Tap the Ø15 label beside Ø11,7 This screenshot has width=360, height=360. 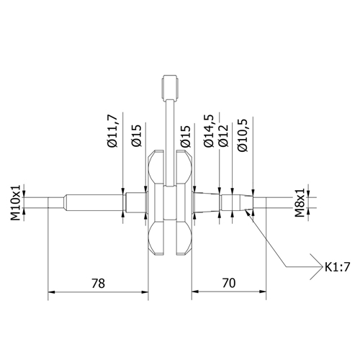137,135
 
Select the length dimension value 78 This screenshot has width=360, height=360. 97,284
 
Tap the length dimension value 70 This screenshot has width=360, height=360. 230,284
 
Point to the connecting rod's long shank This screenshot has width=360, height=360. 170,130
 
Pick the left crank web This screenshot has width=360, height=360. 155,203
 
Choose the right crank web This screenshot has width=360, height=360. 184,203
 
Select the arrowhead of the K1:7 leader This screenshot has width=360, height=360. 248,214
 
